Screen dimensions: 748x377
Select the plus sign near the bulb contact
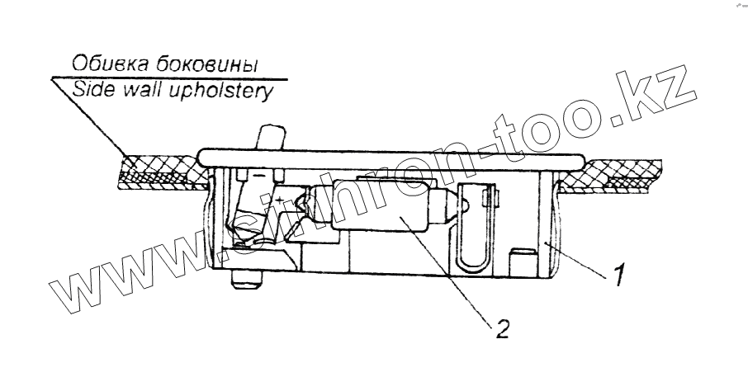tap(282, 200)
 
